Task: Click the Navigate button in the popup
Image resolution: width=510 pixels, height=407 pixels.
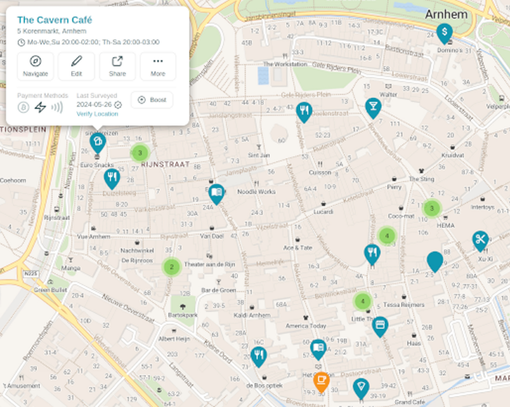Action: (35, 66)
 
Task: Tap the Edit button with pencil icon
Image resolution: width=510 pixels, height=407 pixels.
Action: (76, 66)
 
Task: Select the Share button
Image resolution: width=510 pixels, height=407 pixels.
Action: (117, 66)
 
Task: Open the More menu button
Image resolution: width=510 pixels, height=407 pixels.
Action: (158, 66)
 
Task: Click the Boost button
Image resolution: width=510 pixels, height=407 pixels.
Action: (152, 100)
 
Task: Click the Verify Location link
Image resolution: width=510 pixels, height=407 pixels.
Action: (97, 114)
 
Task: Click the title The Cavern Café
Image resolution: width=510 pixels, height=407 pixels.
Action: (54, 20)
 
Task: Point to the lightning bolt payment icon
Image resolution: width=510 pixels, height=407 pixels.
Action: (40, 107)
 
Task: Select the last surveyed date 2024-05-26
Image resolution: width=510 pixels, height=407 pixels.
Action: (94, 105)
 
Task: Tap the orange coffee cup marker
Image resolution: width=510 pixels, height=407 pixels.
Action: (321, 380)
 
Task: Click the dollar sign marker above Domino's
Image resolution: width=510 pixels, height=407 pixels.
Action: (444, 32)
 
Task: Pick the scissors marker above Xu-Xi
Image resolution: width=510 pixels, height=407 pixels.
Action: (480, 239)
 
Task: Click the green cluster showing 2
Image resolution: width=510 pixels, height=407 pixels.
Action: (172, 267)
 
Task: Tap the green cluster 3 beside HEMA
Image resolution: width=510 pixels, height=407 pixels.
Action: (432, 208)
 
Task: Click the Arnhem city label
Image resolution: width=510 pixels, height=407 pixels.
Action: (446, 14)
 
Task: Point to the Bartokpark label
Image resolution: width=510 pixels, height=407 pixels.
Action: (183, 316)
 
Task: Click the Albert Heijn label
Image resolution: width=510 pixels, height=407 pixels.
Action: (174, 339)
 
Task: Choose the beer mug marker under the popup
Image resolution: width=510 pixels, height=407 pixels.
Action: (98, 141)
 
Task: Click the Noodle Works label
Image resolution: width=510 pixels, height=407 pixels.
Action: (256, 192)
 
